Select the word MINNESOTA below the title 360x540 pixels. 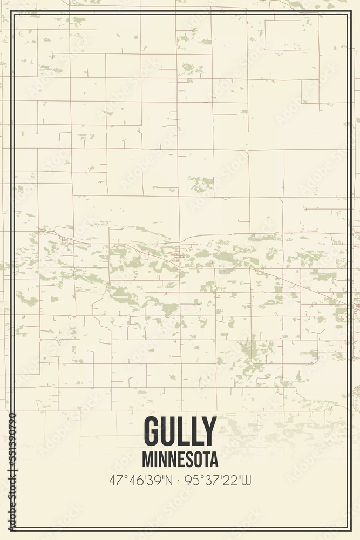point(180,460)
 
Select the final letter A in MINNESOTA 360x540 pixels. point(214,460)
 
